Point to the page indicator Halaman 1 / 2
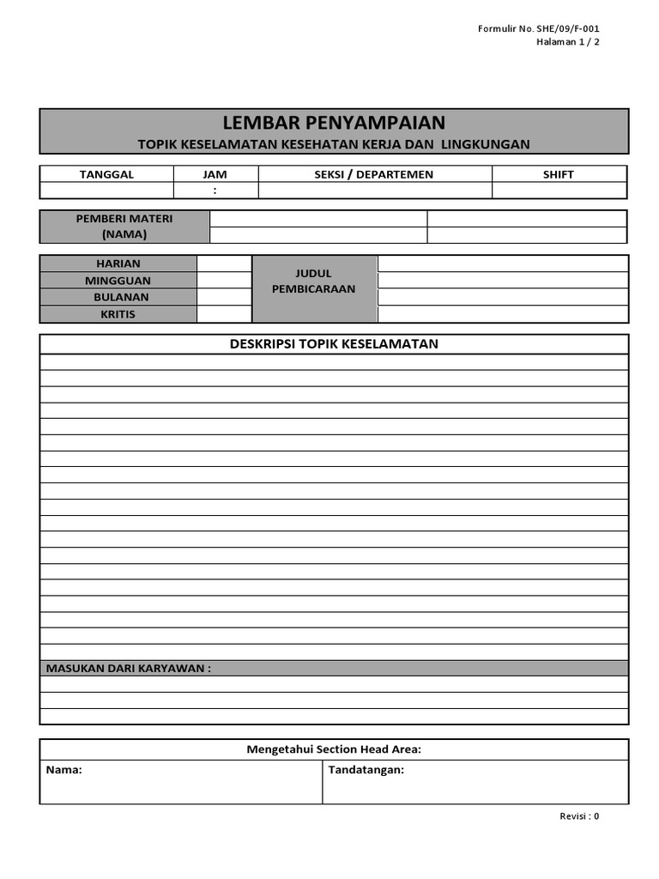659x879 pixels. coord(568,42)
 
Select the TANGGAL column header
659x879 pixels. coord(107,174)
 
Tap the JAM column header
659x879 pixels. coord(215,174)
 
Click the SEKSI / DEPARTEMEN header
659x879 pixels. coord(374,174)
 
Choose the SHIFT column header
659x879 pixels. coord(559,174)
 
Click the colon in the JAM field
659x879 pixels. coord(215,191)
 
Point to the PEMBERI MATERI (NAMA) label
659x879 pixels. coord(124,227)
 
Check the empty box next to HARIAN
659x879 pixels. coord(224,264)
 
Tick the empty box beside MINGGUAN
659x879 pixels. coord(224,281)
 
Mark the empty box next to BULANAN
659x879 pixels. coord(224,297)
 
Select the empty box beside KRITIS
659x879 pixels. coord(224,314)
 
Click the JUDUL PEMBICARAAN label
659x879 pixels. coord(313,281)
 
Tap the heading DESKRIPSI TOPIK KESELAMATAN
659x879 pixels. coord(334,344)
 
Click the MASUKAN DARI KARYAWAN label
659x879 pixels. coord(128,669)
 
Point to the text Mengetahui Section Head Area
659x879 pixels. coord(334,749)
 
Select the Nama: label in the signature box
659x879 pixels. coord(64,770)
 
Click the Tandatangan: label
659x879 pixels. coord(366,770)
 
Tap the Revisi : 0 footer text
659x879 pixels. coord(579,816)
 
